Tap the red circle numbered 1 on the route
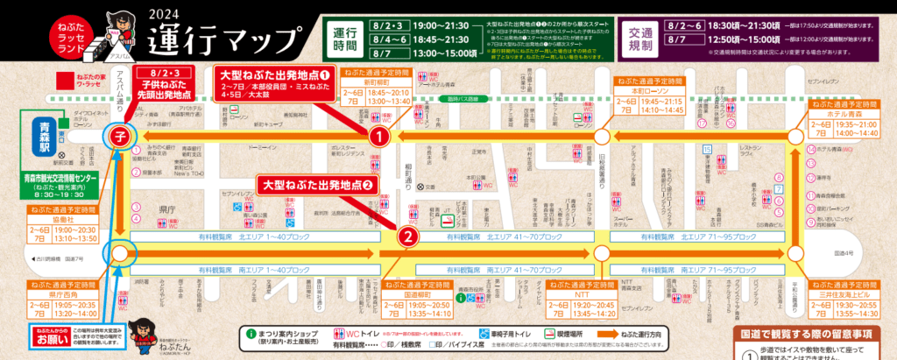[x=378, y=138]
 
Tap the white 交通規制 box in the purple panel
[x=642, y=40]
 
